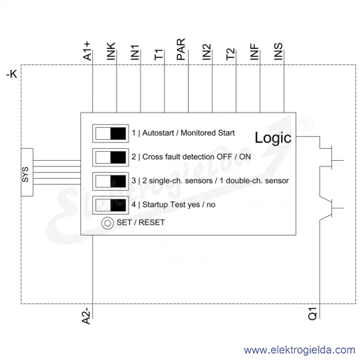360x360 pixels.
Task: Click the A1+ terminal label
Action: [87, 51]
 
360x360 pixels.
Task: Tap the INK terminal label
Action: [111, 51]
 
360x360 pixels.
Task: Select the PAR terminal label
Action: [181, 49]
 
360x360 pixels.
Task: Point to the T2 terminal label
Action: [230, 54]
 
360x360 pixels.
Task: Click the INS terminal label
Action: [278, 51]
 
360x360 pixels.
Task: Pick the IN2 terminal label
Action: [206, 52]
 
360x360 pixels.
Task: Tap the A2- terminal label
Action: [86, 316]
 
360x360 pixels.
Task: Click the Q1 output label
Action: [312, 313]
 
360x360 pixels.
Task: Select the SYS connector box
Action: [27, 172]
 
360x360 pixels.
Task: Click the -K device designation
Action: [12, 74]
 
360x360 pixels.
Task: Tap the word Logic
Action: [273, 138]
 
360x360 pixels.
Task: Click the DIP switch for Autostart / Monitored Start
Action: [110, 134]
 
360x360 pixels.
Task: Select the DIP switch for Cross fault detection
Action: [110, 157]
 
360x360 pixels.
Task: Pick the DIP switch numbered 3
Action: [110, 181]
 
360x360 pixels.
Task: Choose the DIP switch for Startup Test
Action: [110, 205]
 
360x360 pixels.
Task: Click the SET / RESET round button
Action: [108, 223]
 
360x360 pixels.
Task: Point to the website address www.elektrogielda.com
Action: [299, 350]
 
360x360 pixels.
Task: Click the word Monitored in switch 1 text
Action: [198, 133]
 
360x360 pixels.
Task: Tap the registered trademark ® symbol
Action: [306, 124]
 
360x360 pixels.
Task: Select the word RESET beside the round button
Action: [152, 222]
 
